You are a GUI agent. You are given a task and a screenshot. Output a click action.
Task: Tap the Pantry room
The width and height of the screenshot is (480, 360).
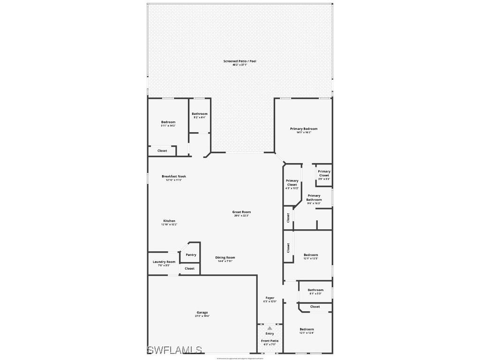[191, 255]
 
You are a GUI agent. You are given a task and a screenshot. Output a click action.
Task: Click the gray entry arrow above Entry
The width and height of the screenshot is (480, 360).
[270, 328]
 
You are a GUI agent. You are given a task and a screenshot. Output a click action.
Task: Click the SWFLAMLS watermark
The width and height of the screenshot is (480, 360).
[174, 350]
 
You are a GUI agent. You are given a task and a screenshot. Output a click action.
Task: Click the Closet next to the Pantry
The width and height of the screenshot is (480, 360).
[189, 269]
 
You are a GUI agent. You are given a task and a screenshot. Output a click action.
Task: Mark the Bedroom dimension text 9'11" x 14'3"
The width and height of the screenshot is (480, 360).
[168, 126]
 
